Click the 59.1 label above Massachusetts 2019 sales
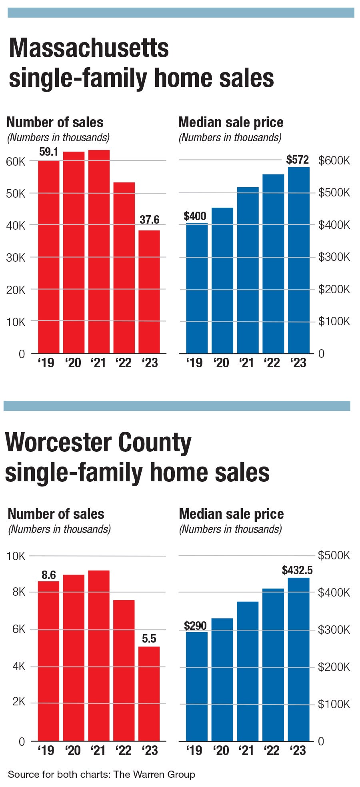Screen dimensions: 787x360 [x=49, y=152]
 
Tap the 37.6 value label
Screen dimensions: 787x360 [x=150, y=220]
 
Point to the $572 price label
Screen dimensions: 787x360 [x=298, y=160]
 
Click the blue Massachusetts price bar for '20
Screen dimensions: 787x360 [x=222, y=280]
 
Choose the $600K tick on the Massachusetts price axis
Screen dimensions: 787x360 [x=334, y=161]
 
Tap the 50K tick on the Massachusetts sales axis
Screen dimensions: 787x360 [x=16, y=194]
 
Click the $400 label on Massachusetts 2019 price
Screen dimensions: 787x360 [x=195, y=216]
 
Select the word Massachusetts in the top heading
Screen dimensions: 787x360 [x=89, y=48]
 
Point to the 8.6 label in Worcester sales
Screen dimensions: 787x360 [x=49, y=575]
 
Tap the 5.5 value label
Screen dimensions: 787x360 [x=149, y=639]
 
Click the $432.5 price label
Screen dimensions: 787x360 [x=297, y=570]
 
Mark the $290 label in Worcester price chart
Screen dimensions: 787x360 [x=195, y=626]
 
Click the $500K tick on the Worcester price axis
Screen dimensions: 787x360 [x=334, y=555]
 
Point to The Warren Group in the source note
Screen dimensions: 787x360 [x=154, y=775]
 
